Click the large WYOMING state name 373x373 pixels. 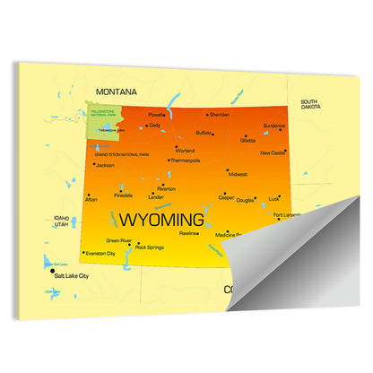click(162, 219)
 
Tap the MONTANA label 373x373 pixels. click(117, 91)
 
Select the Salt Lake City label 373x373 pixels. click(72, 276)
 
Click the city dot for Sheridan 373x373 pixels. click(208, 115)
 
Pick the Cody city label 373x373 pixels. click(154, 126)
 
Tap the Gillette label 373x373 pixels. click(248, 141)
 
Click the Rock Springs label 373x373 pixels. click(150, 247)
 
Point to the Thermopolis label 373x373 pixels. click(186, 160)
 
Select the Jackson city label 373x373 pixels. click(105, 166)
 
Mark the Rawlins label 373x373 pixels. click(188, 233)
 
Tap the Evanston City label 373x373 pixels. click(99, 254)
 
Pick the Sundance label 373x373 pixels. click(274, 126)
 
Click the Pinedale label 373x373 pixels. click(124, 195)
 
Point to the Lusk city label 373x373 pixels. click(274, 198)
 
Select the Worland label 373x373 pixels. click(186, 150)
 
